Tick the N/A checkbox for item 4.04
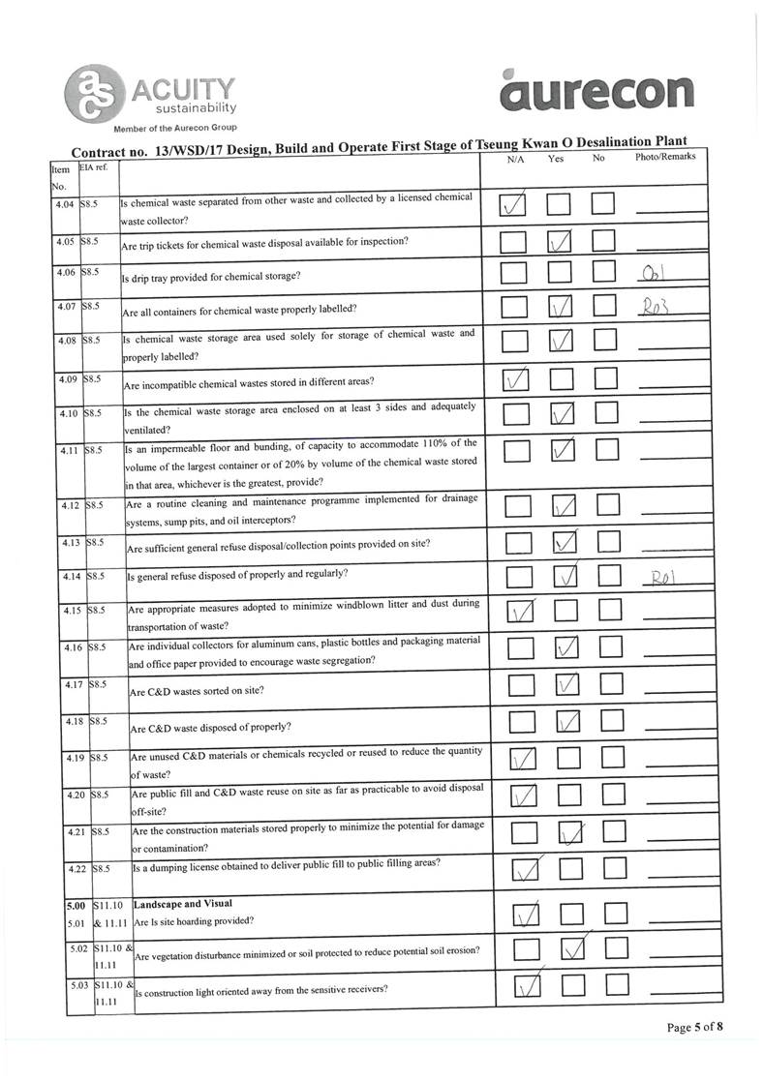point(516,204)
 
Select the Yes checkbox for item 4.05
point(561,241)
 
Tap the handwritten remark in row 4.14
point(663,580)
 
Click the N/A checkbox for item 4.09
point(514,380)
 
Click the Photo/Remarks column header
point(664,157)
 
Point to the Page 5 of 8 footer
point(694,1027)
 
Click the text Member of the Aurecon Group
point(175,128)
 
